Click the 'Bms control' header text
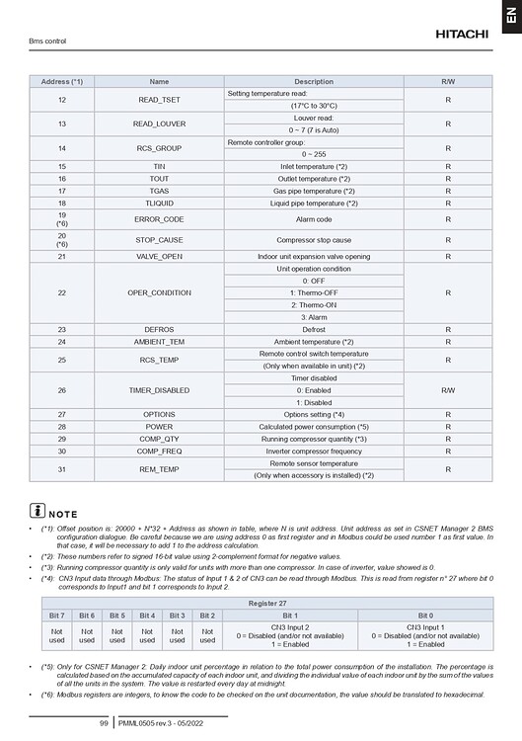[x=48, y=41]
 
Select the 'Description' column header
[x=314, y=80]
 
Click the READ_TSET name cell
[x=159, y=99]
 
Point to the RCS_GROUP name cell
[x=159, y=148]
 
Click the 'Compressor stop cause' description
[x=314, y=239]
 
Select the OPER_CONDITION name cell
[x=159, y=292]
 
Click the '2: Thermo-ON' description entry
[x=314, y=305]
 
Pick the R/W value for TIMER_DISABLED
[x=448, y=389]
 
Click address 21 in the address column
[x=62, y=256]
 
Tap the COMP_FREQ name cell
[x=159, y=451]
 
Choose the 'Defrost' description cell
[x=314, y=329]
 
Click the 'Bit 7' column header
[x=56, y=614]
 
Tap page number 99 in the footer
[x=103, y=724]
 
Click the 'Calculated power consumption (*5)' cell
[x=314, y=426]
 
